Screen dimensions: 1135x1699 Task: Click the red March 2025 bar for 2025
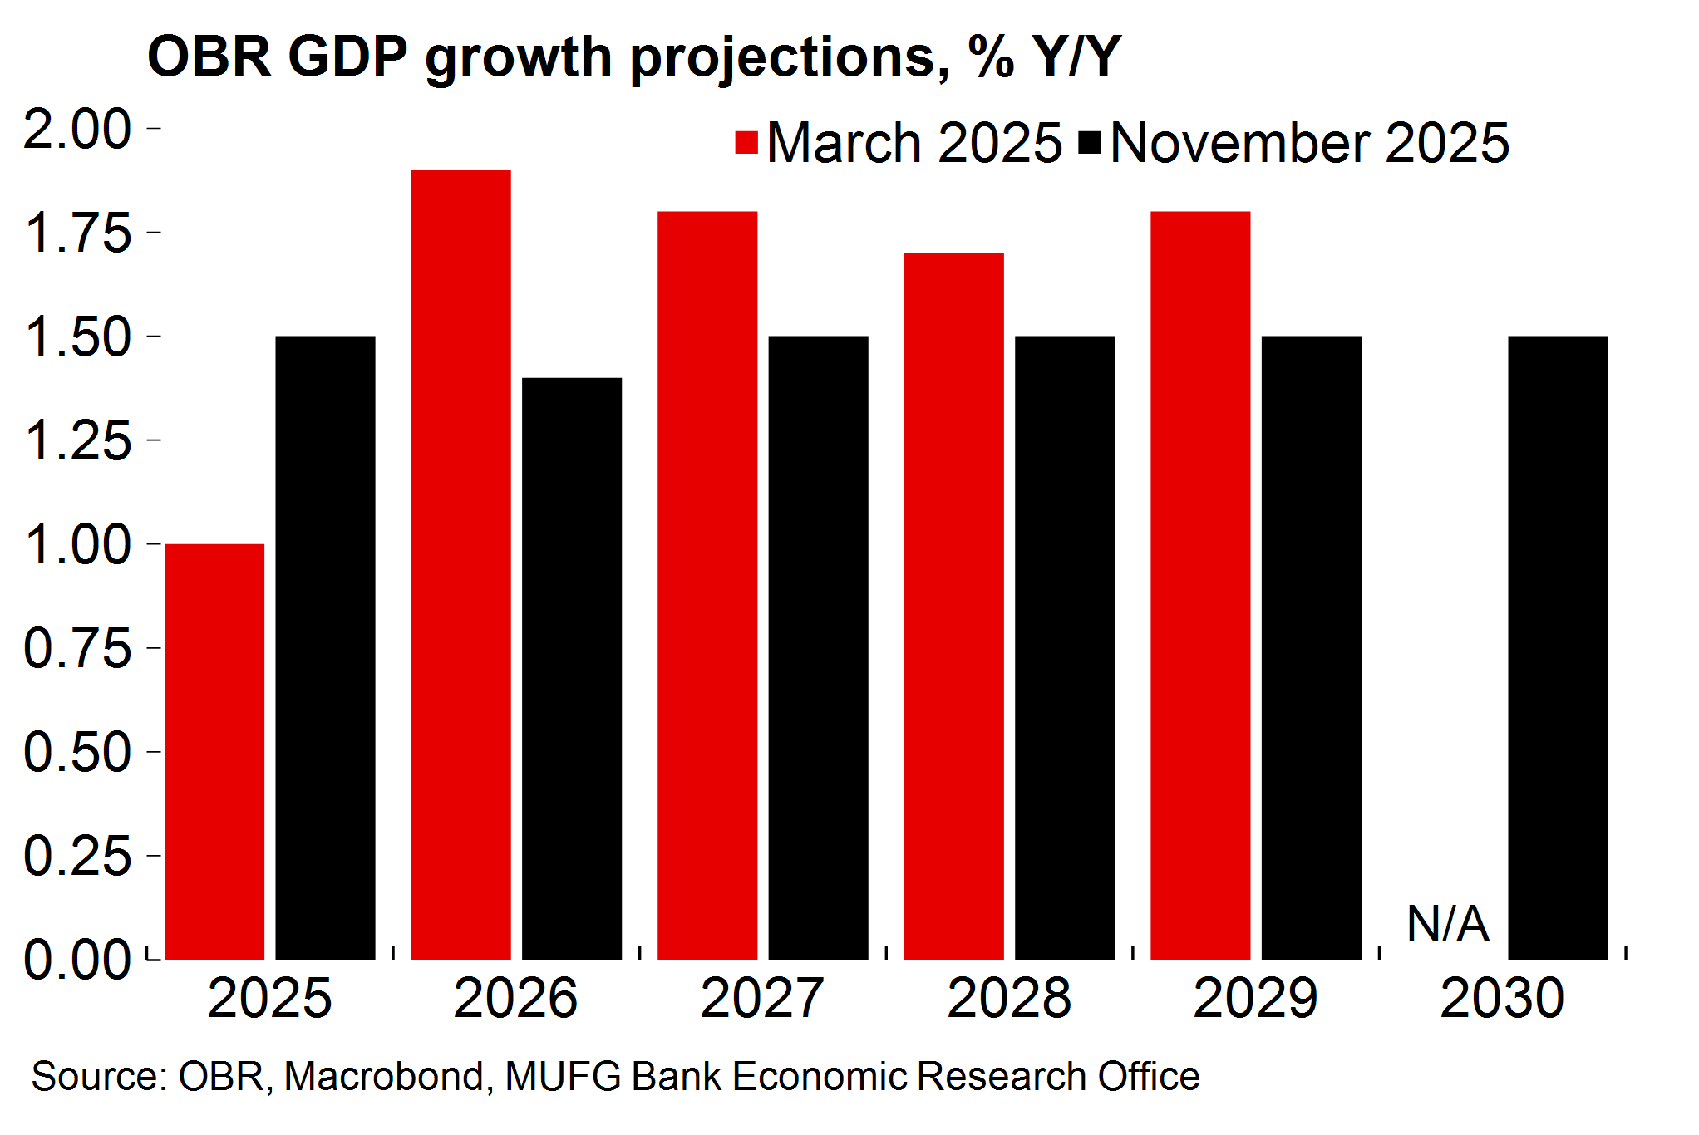coord(214,751)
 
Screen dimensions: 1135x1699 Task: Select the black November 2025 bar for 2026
coord(572,668)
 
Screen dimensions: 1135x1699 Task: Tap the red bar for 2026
coord(460,564)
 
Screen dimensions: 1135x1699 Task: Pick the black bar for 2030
coord(1558,647)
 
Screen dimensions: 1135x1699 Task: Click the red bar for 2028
coord(953,606)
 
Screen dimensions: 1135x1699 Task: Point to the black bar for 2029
coord(1311,647)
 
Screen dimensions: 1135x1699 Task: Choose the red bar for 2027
coord(707,585)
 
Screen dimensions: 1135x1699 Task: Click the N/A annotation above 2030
coord(1447,923)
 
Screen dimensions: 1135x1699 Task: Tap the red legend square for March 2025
coord(746,143)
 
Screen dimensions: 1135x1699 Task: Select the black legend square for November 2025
coord(1090,143)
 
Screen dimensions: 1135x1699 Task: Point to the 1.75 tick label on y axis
coord(78,233)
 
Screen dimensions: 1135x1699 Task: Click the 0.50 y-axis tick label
coord(78,752)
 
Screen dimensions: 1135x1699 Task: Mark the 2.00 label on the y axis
coord(78,129)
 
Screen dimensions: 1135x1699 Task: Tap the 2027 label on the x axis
coord(761,998)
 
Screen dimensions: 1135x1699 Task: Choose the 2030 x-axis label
coord(1502,998)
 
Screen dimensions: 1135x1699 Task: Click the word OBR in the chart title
coord(209,57)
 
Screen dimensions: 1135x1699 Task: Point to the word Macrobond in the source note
coord(384,1077)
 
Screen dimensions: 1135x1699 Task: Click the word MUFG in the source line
coord(563,1077)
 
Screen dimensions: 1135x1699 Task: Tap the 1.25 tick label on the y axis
coord(78,440)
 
